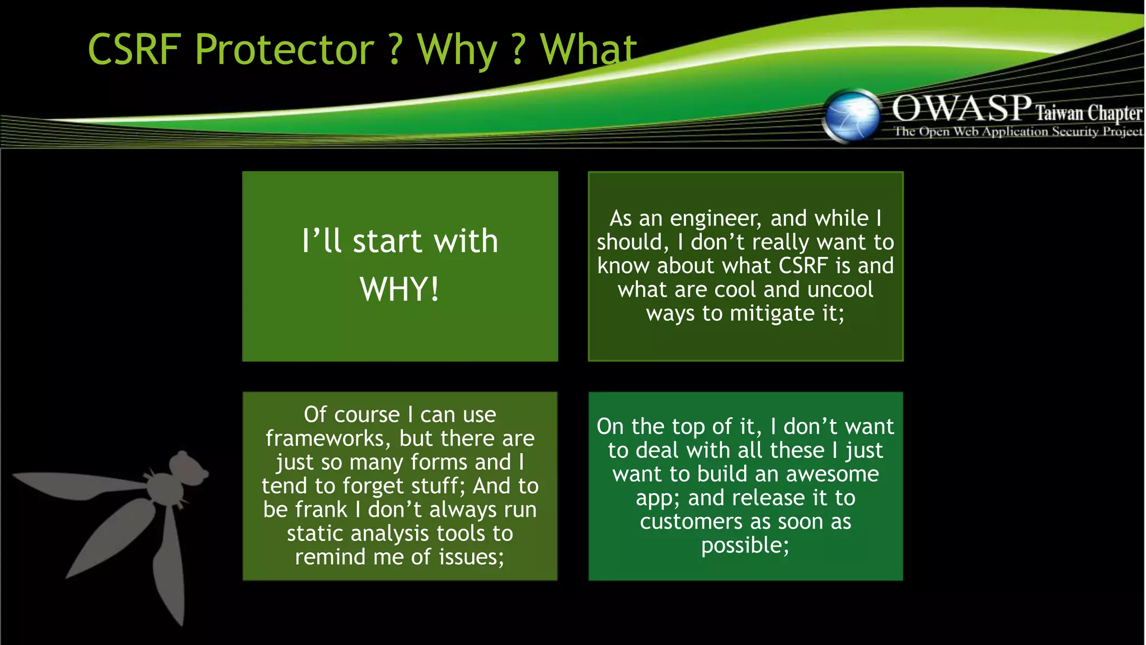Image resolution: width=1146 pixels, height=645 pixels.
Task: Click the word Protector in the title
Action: coord(284,50)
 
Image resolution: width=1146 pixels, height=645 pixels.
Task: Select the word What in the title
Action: coord(588,49)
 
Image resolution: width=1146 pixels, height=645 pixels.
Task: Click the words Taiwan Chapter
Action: coord(1088,113)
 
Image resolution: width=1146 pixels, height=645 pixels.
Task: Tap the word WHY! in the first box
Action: coord(400,289)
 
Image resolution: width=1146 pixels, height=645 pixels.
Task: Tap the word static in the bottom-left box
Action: coord(316,534)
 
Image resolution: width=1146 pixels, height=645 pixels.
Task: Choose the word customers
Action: coord(692,522)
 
